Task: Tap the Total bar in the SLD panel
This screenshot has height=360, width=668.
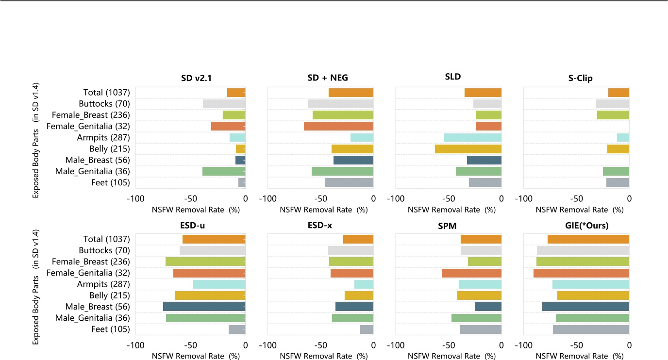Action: pyautogui.click(x=483, y=93)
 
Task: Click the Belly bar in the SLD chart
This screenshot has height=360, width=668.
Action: pyautogui.click(x=468, y=149)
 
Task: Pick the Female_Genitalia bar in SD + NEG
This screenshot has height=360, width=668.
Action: pyautogui.click(x=338, y=126)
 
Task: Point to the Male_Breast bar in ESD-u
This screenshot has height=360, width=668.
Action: pyautogui.click(x=204, y=307)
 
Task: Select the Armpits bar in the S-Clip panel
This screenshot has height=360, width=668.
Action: pyautogui.click(x=623, y=138)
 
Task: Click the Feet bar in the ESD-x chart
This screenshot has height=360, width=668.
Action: pyautogui.click(x=367, y=329)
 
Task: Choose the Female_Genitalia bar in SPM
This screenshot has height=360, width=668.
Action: pyautogui.click(x=471, y=273)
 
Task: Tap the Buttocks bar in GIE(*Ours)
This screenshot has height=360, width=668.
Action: pyautogui.click(x=583, y=250)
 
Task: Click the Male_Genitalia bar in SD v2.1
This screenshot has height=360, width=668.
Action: pyautogui.click(x=224, y=171)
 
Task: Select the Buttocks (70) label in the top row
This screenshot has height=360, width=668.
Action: pyautogui.click(x=104, y=104)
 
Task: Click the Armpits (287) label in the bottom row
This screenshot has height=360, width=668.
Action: pyautogui.click(x=103, y=284)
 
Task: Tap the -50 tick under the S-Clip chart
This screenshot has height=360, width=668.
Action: pyautogui.click(x=576, y=198)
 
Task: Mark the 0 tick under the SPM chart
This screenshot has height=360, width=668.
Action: pyautogui.click(x=501, y=345)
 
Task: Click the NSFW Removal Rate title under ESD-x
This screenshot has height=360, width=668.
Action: pyautogui.click(x=324, y=356)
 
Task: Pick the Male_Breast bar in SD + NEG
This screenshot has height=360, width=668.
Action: pyautogui.click(x=353, y=160)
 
